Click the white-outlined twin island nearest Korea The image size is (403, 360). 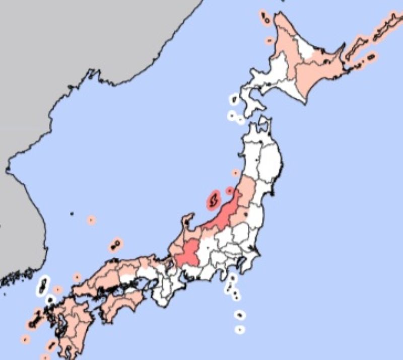coord(44,285)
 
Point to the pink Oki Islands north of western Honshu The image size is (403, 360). coord(115,245)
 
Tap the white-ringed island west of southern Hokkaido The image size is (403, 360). coord(234,100)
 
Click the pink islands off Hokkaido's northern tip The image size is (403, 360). coord(265,18)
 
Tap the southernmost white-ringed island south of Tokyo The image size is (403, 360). coord(240,330)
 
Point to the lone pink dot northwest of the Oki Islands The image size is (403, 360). coord(91,220)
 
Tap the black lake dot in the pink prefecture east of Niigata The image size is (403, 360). coord(245,214)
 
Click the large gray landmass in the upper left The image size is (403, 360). coord(76,40)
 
